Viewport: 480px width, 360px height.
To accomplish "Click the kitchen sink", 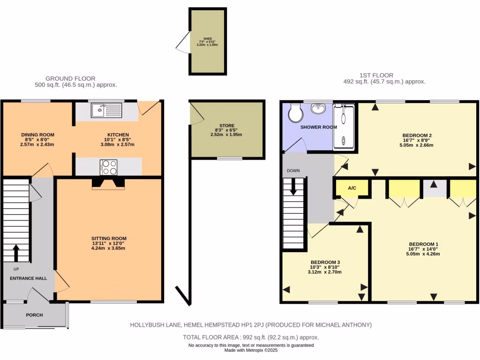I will coord(106,111).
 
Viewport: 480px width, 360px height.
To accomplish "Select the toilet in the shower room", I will coord(295,112).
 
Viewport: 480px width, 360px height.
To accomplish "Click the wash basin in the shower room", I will coord(319,109).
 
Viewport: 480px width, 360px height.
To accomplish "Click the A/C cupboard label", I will coord(352,188).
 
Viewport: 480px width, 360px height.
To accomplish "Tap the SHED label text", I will coord(207,39).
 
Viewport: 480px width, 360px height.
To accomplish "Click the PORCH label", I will coord(35,315).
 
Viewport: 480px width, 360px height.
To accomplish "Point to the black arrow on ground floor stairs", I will coord(15,253).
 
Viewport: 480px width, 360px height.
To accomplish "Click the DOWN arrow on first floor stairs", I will coord(294,187).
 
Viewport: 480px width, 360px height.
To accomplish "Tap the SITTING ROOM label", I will coord(109,239).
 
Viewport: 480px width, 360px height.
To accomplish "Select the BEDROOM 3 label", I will coord(325,262).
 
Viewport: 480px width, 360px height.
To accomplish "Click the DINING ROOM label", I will coord(37,135).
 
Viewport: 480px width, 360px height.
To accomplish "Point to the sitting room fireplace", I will coord(109,183).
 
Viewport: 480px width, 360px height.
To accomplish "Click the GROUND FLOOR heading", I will coord(70,78).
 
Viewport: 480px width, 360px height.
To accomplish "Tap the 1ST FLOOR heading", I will coord(376,75).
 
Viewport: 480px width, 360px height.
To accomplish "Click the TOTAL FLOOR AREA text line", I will coord(251,337).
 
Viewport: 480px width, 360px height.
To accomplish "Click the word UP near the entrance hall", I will coord(16,270).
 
